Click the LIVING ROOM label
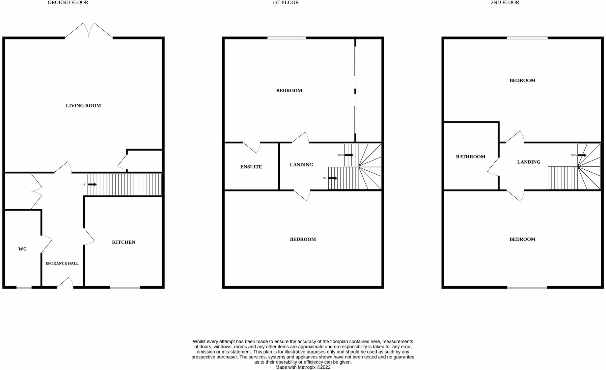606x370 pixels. [83, 106]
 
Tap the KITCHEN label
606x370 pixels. [124, 242]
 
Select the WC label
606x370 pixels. [22, 249]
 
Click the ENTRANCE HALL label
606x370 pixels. [62, 263]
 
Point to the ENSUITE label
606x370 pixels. [251, 167]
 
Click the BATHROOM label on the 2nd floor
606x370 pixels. [470, 157]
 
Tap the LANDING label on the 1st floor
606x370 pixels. [301, 165]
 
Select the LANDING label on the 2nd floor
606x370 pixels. [529, 162]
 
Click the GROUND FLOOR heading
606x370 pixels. [68, 3]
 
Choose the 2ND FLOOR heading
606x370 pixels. [505, 3]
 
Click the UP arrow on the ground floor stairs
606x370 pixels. [92, 185]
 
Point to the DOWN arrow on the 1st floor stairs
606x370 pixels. [349, 155]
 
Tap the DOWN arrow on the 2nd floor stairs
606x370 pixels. [582, 155]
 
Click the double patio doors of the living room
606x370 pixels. [89, 31]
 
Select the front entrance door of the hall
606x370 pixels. [65, 283]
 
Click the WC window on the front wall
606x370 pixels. [24, 287]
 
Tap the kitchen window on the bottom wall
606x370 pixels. [125, 287]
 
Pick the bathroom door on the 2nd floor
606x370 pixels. [493, 166]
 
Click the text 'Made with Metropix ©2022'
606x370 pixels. [303, 367]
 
